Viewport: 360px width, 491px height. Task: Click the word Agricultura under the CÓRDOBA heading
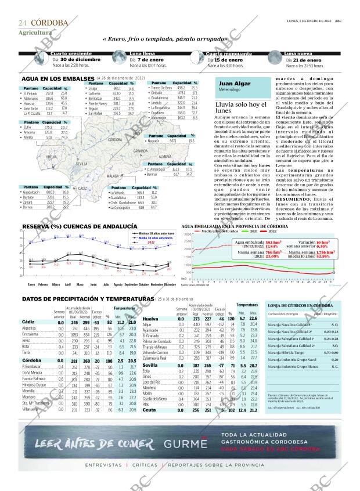pos(34,33)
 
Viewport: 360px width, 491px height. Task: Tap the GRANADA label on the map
pos(140,151)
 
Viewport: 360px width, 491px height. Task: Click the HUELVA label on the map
pos(51,157)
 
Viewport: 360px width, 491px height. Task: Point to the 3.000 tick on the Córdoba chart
pos(186,234)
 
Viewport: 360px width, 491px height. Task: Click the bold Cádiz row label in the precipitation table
pos(28,322)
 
